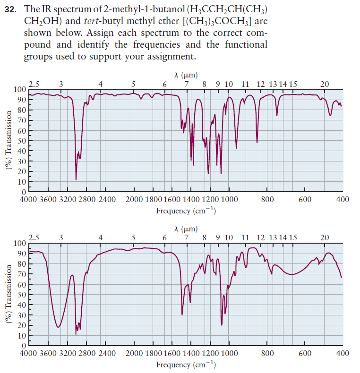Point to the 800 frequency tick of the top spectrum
267,199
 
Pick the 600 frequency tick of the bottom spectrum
305,353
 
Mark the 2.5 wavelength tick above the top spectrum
34,85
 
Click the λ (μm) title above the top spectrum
186,75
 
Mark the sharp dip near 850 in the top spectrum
257,142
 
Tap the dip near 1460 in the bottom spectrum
183,314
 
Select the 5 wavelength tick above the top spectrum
133,85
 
